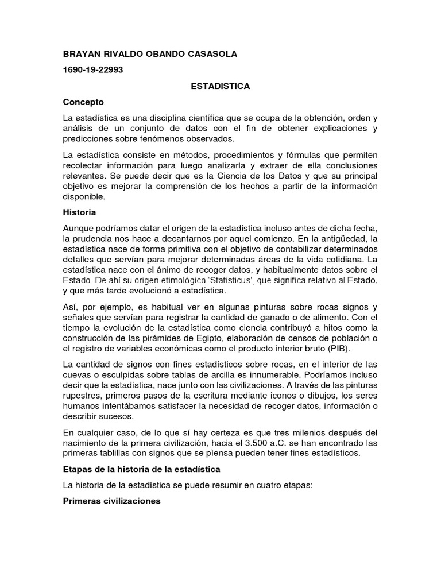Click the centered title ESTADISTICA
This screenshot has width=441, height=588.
point(220,86)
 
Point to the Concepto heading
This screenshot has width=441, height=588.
point(83,102)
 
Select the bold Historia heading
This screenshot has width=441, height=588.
point(81,212)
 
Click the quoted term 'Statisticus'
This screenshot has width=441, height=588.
point(228,280)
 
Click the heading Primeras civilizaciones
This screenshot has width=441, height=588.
point(111,501)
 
